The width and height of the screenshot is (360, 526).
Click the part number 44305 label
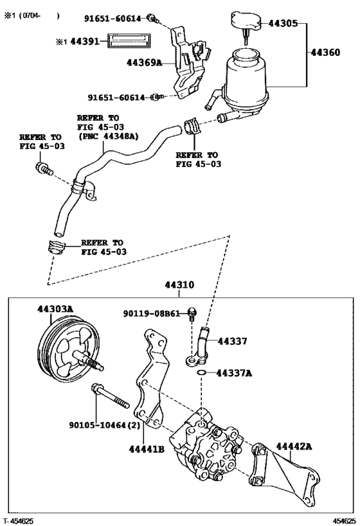(x=283, y=24)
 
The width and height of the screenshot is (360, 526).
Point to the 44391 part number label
(x=84, y=41)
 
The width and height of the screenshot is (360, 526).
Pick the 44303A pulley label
(x=54, y=309)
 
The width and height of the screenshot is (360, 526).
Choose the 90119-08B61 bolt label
(x=154, y=313)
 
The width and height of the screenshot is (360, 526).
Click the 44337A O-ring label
(x=234, y=373)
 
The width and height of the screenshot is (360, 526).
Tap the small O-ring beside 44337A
(x=202, y=373)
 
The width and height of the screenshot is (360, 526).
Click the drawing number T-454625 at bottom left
(x=19, y=521)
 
